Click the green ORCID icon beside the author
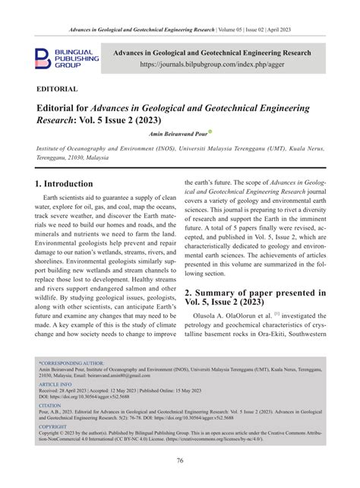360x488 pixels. (x=211, y=130)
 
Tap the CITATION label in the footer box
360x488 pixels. (x=51, y=405)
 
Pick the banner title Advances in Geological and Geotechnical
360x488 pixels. (x=212, y=53)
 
